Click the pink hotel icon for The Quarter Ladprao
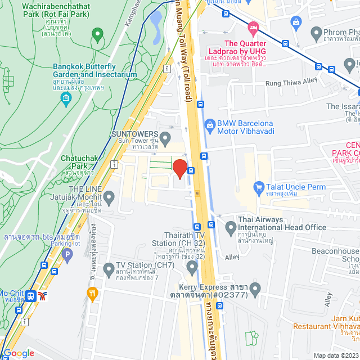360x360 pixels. pyautogui.click(x=254, y=27)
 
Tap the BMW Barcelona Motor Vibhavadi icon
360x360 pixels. pyautogui.click(x=209, y=123)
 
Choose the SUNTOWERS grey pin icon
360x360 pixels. pyautogui.click(x=165, y=137)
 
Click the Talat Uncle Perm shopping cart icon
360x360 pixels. pyautogui.click(x=259, y=186)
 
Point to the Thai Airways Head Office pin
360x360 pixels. pyautogui.click(x=230, y=228)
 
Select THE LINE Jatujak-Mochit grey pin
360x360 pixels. pyautogui.click(x=109, y=197)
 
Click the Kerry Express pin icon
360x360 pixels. pyautogui.click(x=255, y=290)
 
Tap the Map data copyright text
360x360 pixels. pyautogui.click(x=335, y=355)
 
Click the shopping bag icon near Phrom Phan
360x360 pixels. pyautogui.click(x=296, y=21)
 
